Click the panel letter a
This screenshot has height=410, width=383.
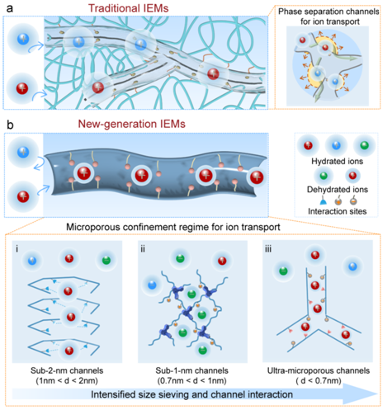click(10, 8)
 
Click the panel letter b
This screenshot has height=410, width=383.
click(10, 125)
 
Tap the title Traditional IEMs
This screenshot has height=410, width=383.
click(128, 8)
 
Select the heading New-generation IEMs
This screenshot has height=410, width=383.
click(131, 124)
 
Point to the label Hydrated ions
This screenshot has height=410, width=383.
click(337, 161)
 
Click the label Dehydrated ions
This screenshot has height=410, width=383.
click(338, 190)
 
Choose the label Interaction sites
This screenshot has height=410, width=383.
click(337, 211)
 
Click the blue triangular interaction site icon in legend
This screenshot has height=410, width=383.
click(324, 202)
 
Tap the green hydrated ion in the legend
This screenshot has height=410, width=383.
click(364, 145)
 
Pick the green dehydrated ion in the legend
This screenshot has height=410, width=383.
click(324, 176)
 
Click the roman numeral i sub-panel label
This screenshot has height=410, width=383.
click(17, 249)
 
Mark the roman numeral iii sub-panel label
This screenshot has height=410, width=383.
click(268, 249)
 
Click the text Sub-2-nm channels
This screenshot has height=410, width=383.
click(67, 370)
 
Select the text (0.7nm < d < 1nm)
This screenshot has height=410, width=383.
click(192, 381)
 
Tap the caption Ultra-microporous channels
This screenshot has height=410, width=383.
click(319, 370)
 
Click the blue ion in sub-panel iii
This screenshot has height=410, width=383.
click(352, 266)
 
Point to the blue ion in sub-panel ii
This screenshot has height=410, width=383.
click(152, 285)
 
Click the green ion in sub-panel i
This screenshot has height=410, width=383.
click(106, 260)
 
